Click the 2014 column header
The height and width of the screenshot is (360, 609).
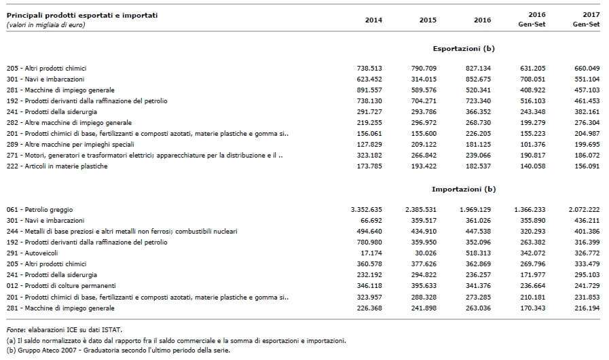(373, 20)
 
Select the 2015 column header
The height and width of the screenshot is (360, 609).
(428, 20)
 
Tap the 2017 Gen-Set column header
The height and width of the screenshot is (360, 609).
(586, 19)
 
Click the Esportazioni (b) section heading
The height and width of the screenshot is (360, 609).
(463, 49)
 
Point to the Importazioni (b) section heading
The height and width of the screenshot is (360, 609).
(463, 190)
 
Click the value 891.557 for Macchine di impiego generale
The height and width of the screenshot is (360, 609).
(369, 90)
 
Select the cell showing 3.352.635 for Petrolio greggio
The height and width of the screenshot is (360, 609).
(366, 209)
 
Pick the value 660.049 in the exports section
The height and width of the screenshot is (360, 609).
(587, 68)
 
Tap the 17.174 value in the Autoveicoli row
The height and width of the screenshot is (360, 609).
(371, 253)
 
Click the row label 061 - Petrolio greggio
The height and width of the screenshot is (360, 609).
(39, 209)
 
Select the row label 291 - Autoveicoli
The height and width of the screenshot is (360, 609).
(32, 253)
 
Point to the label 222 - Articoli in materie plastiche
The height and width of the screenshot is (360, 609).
(57, 166)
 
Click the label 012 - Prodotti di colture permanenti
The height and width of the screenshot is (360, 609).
(61, 286)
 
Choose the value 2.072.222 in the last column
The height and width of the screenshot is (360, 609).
(584, 209)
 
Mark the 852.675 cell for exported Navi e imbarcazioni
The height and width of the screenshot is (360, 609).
(478, 79)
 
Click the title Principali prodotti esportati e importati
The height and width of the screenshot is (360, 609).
(82, 15)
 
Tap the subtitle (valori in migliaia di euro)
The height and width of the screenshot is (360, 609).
(45, 25)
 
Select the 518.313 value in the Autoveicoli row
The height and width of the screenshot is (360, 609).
(478, 253)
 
